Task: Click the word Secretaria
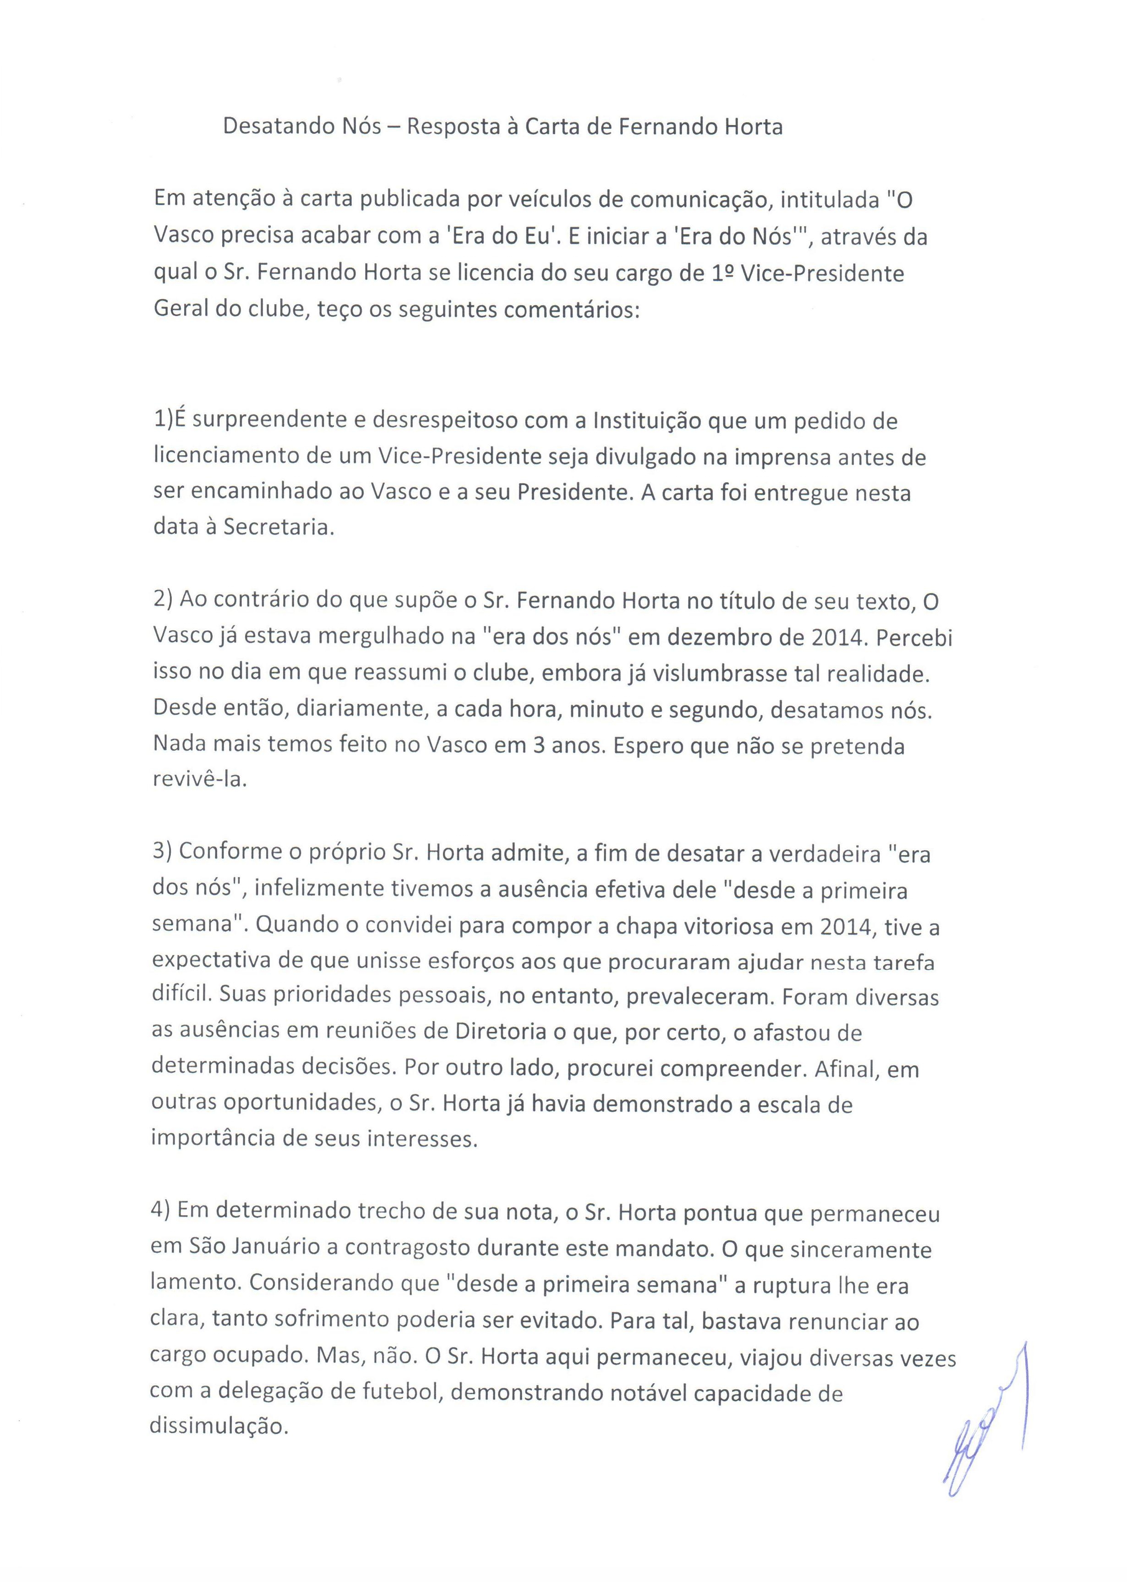tap(278, 528)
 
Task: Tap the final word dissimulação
tap(218, 1427)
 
